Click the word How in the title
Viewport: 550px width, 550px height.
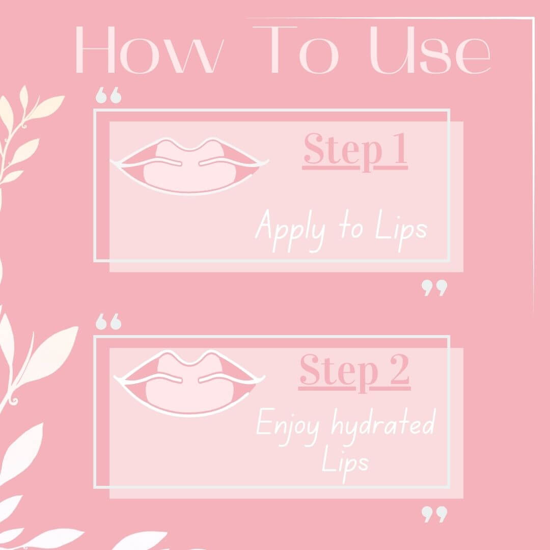150,50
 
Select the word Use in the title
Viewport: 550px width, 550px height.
429,50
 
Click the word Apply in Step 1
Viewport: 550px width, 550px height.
290,230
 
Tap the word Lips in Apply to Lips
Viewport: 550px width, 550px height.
401,230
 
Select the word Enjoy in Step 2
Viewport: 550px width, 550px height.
288,427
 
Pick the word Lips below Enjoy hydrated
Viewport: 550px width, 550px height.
345,463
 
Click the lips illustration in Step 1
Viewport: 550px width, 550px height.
189,166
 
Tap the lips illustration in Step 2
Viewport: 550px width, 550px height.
189,383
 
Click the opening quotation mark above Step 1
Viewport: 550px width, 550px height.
108,95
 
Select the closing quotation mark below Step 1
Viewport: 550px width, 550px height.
434,288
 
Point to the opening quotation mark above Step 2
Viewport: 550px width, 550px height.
108,321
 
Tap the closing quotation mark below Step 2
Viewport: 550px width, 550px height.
434,514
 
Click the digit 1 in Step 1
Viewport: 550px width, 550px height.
400,149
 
